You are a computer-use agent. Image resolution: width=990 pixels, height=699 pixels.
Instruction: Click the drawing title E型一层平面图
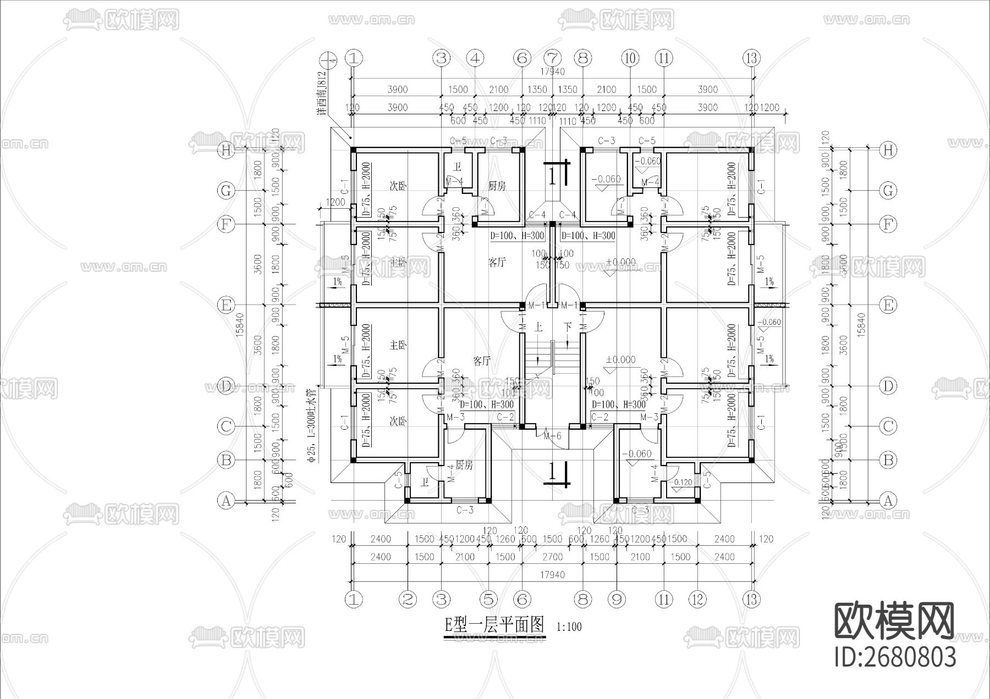coord(493,625)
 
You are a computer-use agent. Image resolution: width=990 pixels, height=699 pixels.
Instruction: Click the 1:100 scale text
coord(569,626)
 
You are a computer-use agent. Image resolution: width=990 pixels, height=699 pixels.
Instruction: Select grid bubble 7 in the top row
coord(553,58)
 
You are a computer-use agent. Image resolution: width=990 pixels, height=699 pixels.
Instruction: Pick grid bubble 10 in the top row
coord(630,58)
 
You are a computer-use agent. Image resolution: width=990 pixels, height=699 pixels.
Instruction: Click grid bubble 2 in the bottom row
coord(408,599)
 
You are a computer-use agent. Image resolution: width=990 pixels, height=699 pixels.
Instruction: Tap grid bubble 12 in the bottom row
coord(697,599)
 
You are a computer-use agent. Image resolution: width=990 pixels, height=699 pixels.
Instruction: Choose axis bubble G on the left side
coord(226,191)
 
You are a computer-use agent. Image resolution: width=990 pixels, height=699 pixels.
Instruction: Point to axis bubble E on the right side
coord(888,304)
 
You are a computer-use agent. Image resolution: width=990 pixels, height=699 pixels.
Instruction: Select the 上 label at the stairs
coord(538,328)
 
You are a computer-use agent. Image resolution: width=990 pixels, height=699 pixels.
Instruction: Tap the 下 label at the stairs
coord(569,328)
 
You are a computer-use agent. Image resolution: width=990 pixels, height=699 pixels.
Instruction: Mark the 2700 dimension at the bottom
coord(552,557)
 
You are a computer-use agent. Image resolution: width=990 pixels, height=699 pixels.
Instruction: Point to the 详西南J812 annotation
coord(322,92)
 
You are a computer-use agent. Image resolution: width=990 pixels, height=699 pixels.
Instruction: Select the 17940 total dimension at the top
coord(552,71)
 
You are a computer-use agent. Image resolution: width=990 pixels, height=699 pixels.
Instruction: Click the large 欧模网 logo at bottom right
coord(894,621)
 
